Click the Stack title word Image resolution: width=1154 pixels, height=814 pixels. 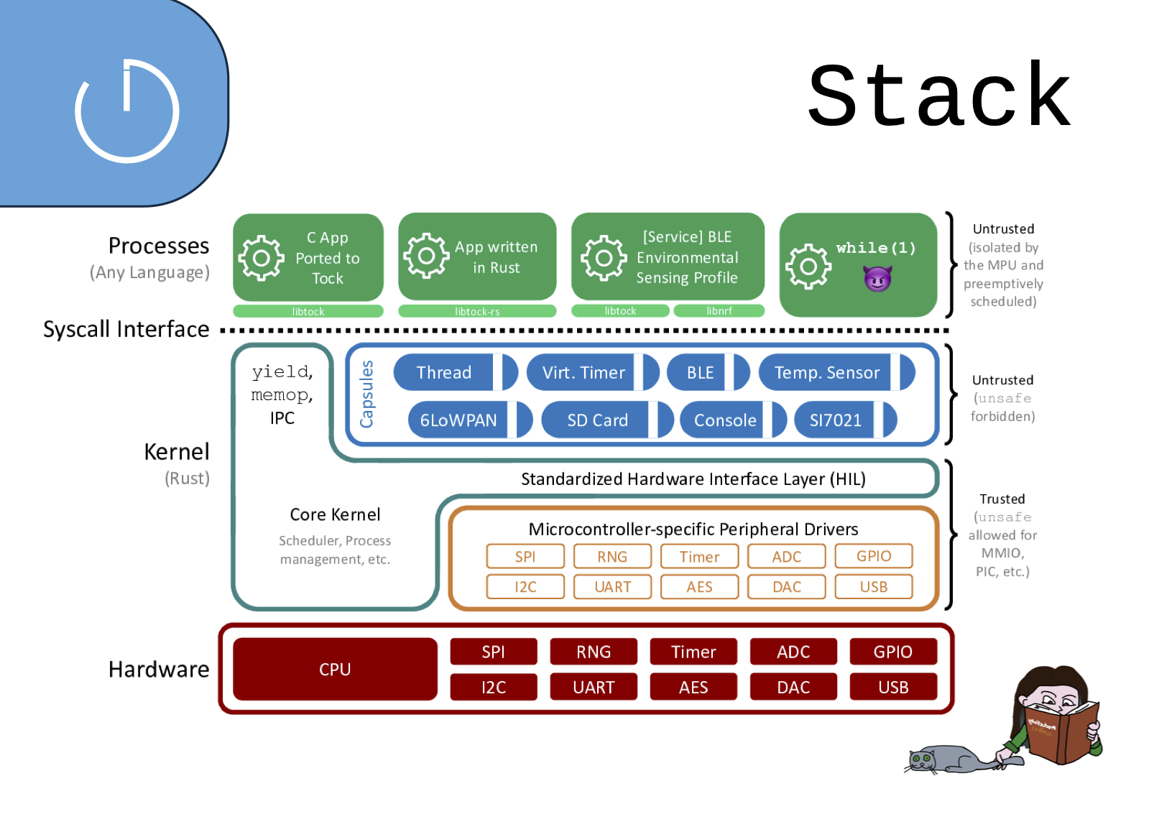point(938,96)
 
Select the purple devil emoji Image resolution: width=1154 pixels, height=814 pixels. point(877,278)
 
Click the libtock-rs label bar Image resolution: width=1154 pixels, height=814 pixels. point(477,311)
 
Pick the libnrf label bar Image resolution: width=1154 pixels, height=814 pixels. point(719,311)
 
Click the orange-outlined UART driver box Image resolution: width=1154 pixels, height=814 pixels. point(612,587)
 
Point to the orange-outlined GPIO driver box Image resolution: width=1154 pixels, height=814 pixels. point(874,556)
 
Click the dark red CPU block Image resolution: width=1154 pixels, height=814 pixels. point(335,669)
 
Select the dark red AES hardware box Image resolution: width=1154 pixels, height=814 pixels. point(693,687)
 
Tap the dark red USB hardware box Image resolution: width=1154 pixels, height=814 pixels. point(893,687)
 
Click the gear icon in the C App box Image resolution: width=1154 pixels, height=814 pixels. point(261,257)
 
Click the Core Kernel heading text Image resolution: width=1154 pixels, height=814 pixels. point(335,514)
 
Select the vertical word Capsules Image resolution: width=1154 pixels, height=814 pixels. point(366,394)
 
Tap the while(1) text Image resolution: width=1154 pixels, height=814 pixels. point(875,248)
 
